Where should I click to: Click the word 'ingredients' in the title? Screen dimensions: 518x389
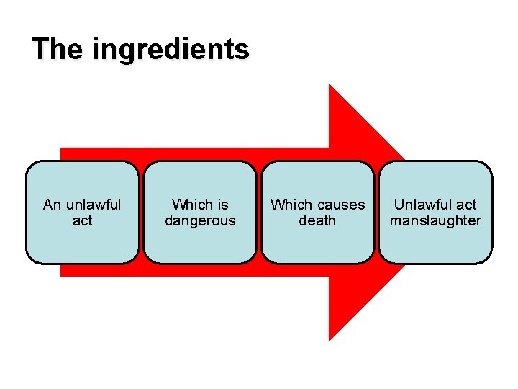(171, 50)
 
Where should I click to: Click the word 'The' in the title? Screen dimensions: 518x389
(58, 49)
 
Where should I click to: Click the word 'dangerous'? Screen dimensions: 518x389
(200, 221)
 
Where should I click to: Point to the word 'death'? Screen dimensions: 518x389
(317, 221)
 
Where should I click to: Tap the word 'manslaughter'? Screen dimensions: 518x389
(435, 221)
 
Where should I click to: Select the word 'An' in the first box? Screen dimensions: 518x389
(53, 205)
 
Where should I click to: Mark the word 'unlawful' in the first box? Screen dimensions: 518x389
(93, 205)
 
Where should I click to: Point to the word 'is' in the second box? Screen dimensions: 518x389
(222, 205)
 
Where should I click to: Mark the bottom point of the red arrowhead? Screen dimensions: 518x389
(330, 339)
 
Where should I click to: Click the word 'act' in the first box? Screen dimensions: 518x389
(82, 221)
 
